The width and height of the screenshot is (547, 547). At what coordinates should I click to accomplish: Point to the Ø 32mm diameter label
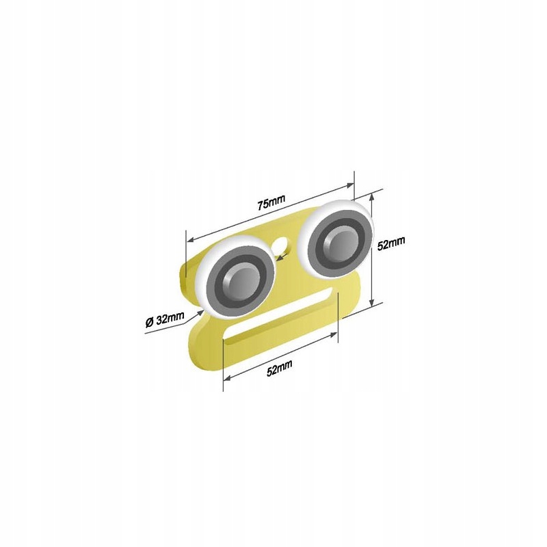pos(165,319)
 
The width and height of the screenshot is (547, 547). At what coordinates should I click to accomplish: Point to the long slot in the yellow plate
pos(278,315)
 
